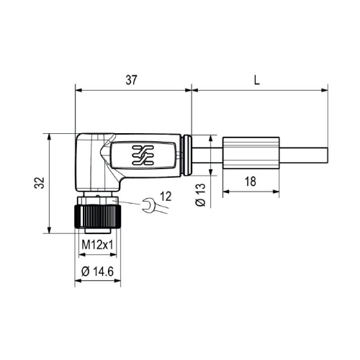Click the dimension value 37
(131, 80)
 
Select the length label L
(257, 80)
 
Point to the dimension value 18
(251, 181)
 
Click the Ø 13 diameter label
(201, 195)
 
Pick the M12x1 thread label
(97, 245)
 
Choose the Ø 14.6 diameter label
(97, 271)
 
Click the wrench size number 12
(166, 197)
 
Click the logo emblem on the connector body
(143, 156)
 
